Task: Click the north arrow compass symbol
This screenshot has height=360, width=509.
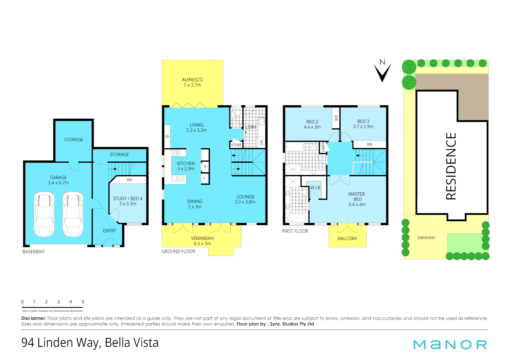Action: (x=382, y=71)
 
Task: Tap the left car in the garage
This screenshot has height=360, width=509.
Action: (x=44, y=214)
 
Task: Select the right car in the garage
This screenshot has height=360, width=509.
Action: (x=73, y=214)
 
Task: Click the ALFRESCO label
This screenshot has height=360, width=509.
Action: (x=192, y=80)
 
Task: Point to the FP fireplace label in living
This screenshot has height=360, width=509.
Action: (x=167, y=137)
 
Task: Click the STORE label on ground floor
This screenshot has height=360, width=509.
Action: (x=236, y=145)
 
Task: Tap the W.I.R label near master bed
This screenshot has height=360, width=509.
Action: (x=315, y=188)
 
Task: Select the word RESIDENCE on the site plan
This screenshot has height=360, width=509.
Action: (x=451, y=166)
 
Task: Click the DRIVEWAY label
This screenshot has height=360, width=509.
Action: (x=426, y=238)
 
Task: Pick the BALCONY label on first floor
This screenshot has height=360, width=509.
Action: (x=347, y=239)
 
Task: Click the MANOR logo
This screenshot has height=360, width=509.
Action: (x=450, y=345)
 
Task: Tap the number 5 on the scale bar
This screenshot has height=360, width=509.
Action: (x=83, y=302)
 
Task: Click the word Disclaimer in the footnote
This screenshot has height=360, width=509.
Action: (x=33, y=318)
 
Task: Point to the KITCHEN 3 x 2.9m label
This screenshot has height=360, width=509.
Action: (x=186, y=166)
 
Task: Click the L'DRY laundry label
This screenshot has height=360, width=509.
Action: (x=251, y=127)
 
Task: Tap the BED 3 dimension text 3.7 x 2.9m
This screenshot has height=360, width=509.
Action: (x=363, y=127)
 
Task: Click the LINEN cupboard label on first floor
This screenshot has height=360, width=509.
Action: (x=323, y=147)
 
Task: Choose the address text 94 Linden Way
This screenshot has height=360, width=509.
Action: (x=60, y=343)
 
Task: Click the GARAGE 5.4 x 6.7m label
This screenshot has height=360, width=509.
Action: (x=58, y=180)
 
